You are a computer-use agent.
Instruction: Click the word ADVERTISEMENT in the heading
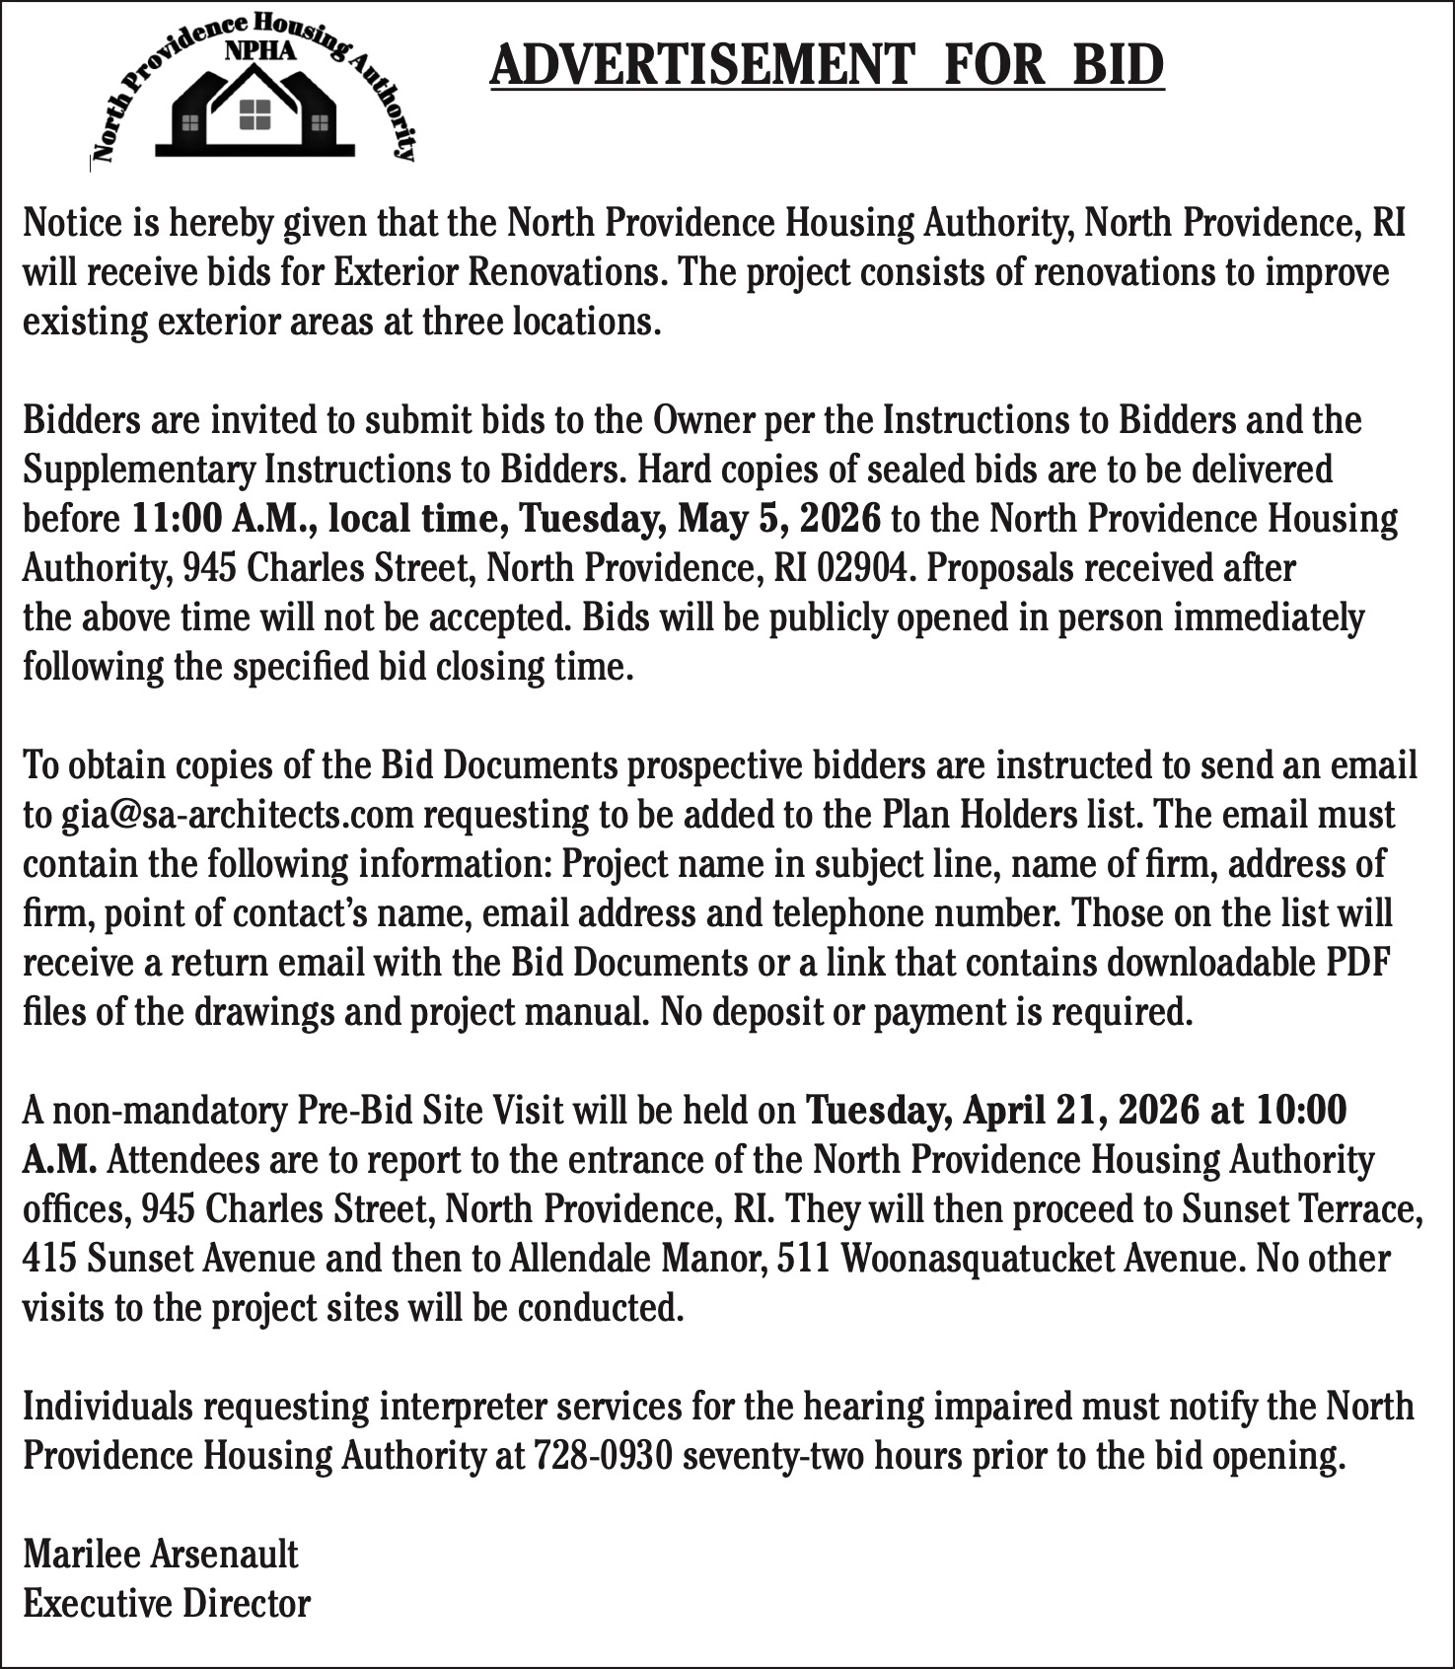(701, 65)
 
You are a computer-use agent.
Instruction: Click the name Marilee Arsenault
(161, 1555)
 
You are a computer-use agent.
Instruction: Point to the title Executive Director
(167, 1604)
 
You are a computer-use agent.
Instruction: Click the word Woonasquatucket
(946, 1259)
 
